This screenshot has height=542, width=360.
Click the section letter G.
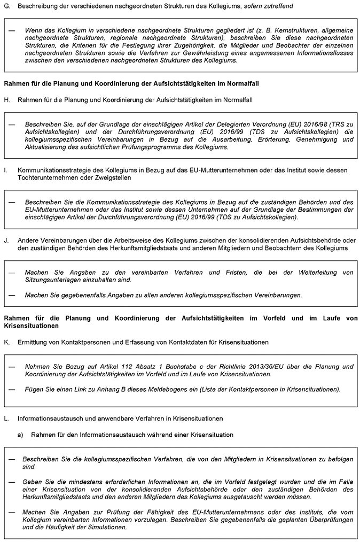6,5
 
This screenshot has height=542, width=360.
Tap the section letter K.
6,341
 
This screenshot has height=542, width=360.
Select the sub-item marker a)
21,435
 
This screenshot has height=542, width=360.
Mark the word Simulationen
108,526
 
